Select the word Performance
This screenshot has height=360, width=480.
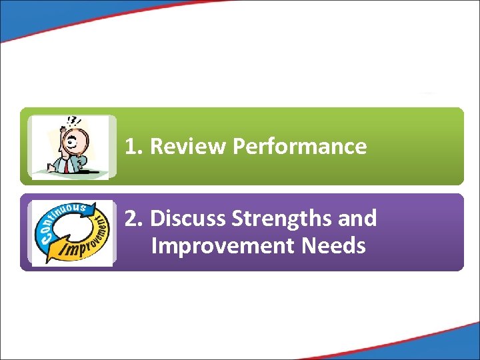click(x=299, y=147)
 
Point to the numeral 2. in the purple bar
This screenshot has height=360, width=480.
click(x=135, y=218)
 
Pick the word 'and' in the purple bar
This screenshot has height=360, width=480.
click(x=358, y=218)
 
